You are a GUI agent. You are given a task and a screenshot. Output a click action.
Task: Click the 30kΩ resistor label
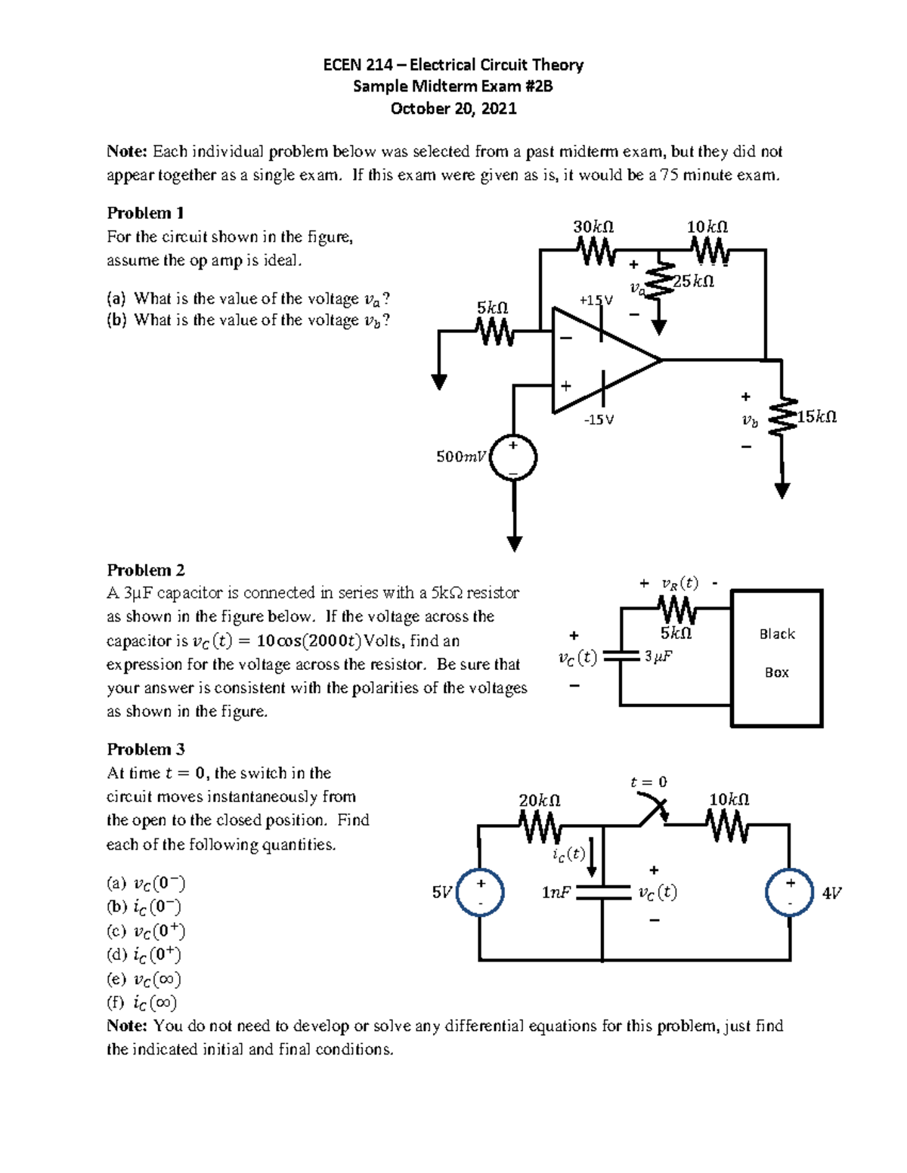593,227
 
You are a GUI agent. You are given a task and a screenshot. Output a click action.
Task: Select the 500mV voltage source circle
512,457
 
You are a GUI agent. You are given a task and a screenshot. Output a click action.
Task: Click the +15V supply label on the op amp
596,300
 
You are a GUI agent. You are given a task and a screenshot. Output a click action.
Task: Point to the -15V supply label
599,419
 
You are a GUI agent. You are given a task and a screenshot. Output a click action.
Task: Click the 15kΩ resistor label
817,417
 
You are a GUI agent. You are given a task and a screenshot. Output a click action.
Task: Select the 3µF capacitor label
658,657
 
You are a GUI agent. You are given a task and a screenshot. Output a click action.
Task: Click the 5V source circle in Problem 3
480,893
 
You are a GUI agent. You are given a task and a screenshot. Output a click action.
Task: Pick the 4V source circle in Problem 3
789,893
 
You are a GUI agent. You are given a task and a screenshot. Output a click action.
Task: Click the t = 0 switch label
649,782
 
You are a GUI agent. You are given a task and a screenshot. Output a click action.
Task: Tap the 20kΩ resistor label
539,800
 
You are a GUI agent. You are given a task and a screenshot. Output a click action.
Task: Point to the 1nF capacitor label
556,893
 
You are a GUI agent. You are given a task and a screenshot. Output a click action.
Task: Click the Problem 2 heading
146,570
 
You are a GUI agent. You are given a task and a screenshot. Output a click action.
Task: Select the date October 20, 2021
453,109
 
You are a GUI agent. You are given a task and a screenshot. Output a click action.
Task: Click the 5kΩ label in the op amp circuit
492,307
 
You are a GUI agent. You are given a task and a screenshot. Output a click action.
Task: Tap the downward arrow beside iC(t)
592,857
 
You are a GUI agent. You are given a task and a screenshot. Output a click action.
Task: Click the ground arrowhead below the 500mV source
514,544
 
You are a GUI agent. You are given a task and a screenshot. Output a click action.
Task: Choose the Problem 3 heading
146,749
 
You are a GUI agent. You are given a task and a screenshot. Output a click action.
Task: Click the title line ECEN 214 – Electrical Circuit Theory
453,65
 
